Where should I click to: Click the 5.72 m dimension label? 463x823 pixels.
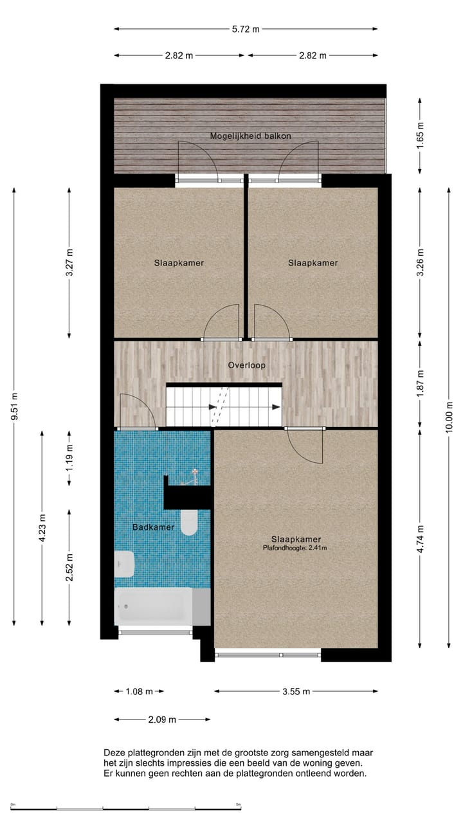[246, 29]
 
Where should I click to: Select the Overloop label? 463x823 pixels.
[246, 365]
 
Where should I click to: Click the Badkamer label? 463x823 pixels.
[144, 527]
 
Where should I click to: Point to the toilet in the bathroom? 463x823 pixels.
[188, 522]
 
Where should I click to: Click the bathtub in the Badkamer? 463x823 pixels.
[154, 606]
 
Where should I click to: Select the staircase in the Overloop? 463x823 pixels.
[224, 405]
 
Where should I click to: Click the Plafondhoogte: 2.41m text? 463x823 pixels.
[295, 548]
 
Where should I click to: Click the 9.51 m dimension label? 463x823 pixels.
[14, 406]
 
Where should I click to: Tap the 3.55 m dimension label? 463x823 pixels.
[296, 692]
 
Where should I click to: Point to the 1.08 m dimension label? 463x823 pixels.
[139, 692]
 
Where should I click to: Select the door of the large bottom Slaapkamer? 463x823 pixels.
[304, 445]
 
